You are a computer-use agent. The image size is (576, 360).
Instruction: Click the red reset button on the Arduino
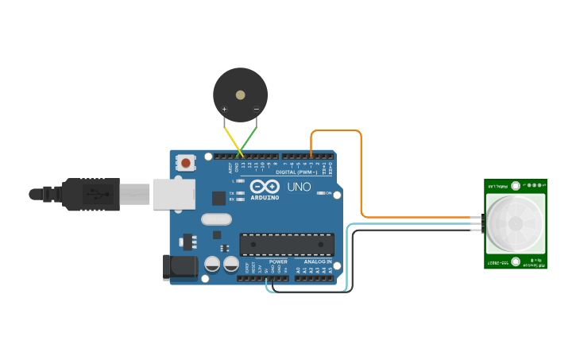(186, 163)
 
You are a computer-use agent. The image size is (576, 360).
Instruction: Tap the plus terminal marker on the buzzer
(225, 109)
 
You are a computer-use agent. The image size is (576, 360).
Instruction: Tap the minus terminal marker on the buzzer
(256, 109)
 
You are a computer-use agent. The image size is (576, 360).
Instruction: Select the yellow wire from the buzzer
(232, 137)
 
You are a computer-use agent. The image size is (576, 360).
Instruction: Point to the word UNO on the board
(299, 188)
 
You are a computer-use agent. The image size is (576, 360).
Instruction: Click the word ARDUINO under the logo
(265, 196)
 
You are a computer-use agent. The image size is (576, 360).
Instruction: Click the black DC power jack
(178, 268)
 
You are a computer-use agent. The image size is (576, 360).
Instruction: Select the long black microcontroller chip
(287, 245)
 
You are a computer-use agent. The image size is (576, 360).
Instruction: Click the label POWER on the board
(278, 261)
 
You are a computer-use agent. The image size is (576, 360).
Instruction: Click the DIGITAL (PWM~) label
(296, 172)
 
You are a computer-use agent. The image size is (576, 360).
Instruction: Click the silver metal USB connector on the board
(173, 193)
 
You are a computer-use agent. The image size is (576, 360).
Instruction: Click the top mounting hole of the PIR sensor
(516, 186)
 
